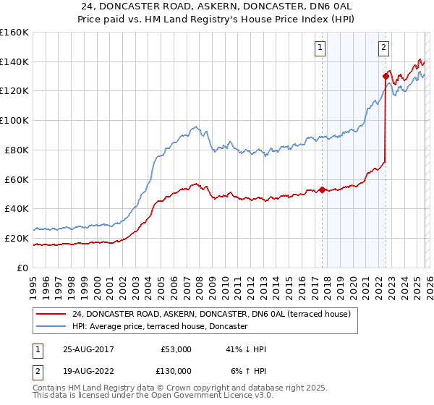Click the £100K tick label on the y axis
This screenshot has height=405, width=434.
tap(14, 120)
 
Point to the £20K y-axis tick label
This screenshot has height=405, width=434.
tap(16, 238)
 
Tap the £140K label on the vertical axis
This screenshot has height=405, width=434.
tap(14, 61)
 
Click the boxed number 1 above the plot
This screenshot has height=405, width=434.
tap(320, 48)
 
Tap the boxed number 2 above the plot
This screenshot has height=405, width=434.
tap(383, 48)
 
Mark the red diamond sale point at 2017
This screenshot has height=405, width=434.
tap(322, 190)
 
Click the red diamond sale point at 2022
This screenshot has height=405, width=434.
tap(386, 76)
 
